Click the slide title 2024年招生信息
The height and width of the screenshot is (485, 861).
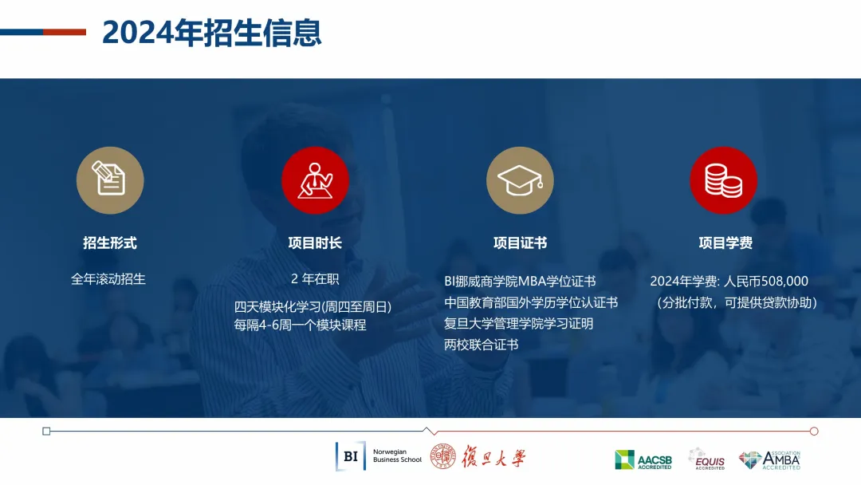point(211,33)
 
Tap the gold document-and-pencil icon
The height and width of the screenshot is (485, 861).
point(110,180)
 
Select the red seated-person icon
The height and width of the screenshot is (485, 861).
point(315,180)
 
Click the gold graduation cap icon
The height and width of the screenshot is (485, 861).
point(520,180)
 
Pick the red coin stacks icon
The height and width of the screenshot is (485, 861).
point(724,180)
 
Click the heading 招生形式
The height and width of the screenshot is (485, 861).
point(110,242)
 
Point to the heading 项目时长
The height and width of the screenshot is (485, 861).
point(315,242)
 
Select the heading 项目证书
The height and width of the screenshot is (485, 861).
point(520,242)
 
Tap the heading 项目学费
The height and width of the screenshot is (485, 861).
point(725,242)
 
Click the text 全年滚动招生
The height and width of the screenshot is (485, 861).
point(108,279)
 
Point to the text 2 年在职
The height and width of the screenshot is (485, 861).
point(315,279)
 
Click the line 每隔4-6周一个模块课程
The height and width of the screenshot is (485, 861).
point(301,325)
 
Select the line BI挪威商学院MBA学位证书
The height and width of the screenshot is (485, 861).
point(520,282)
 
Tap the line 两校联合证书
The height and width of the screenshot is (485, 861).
point(481,345)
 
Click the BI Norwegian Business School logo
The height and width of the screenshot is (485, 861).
point(379,456)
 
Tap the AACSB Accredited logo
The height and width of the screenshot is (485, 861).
point(643,459)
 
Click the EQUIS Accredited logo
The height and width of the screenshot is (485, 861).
point(706,459)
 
